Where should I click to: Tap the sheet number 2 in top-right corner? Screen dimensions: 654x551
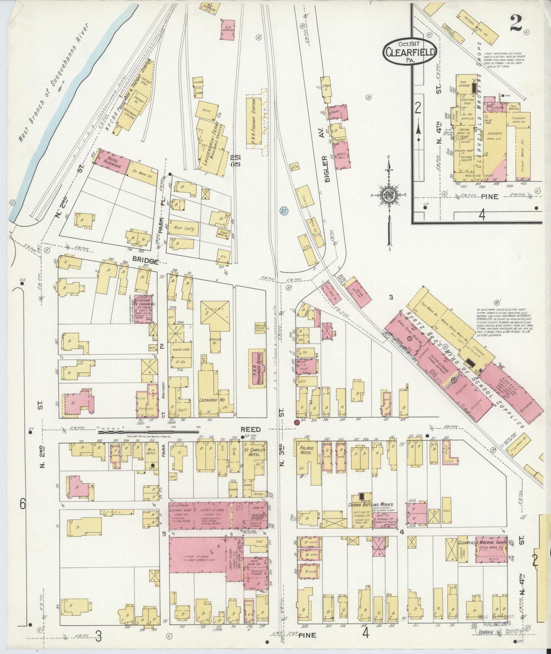518,24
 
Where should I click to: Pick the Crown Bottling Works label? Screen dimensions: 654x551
371,505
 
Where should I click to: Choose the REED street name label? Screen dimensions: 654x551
251,429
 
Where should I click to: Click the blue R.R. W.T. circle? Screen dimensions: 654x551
284,210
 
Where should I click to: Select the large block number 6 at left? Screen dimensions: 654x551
23,504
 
